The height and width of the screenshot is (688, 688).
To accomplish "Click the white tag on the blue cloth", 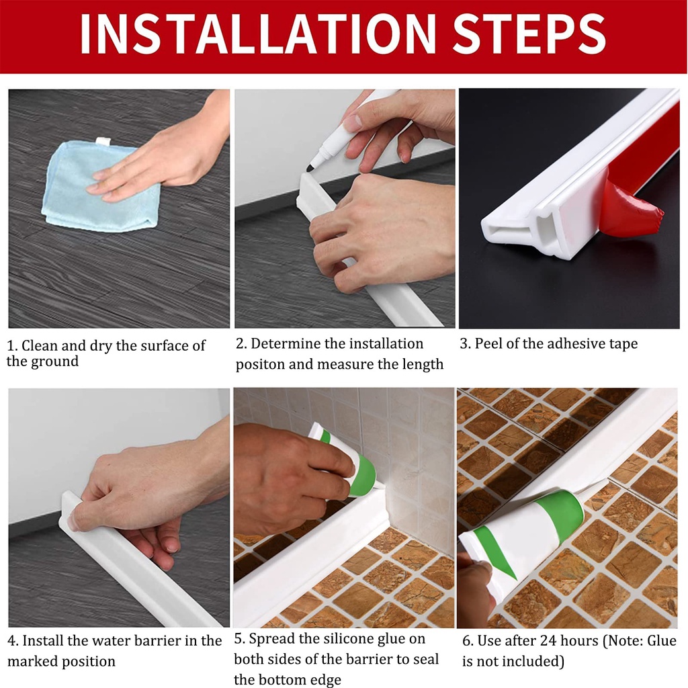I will [x=102, y=141].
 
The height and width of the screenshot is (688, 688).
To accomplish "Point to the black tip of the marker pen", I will [x=310, y=167].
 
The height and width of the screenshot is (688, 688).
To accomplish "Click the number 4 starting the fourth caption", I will [x=11, y=641].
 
